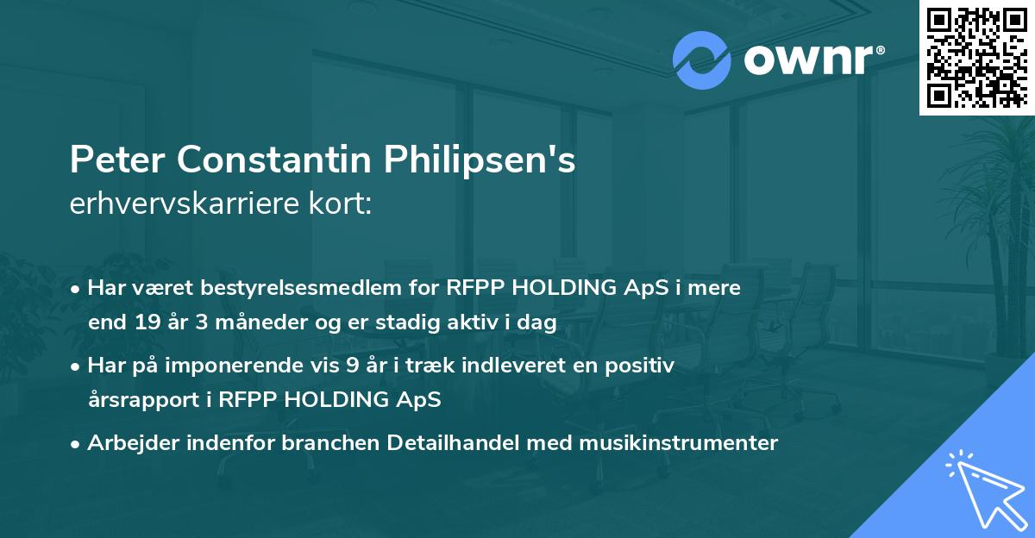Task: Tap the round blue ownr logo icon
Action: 701,60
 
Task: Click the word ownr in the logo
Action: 807,60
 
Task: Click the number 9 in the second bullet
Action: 352,366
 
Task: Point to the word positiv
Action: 643,366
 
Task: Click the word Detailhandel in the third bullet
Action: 446,443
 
